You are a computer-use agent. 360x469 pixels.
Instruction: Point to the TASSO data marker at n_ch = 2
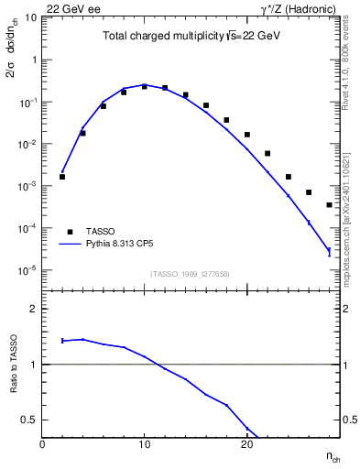pos(62,177)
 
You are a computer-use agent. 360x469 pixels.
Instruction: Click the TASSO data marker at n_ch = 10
pos(144,86)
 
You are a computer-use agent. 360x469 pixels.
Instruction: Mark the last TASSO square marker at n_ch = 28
pos(329,205)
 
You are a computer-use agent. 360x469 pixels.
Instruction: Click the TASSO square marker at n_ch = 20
pos(247,135)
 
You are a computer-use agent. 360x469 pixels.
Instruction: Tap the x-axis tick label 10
pos(144,444)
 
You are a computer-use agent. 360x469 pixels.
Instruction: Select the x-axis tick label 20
pos(246,444)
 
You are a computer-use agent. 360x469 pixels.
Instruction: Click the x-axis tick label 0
pos(42,444)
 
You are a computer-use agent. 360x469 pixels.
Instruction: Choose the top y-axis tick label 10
pos(30,18)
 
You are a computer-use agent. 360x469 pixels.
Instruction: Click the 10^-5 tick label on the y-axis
pos(27,271)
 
